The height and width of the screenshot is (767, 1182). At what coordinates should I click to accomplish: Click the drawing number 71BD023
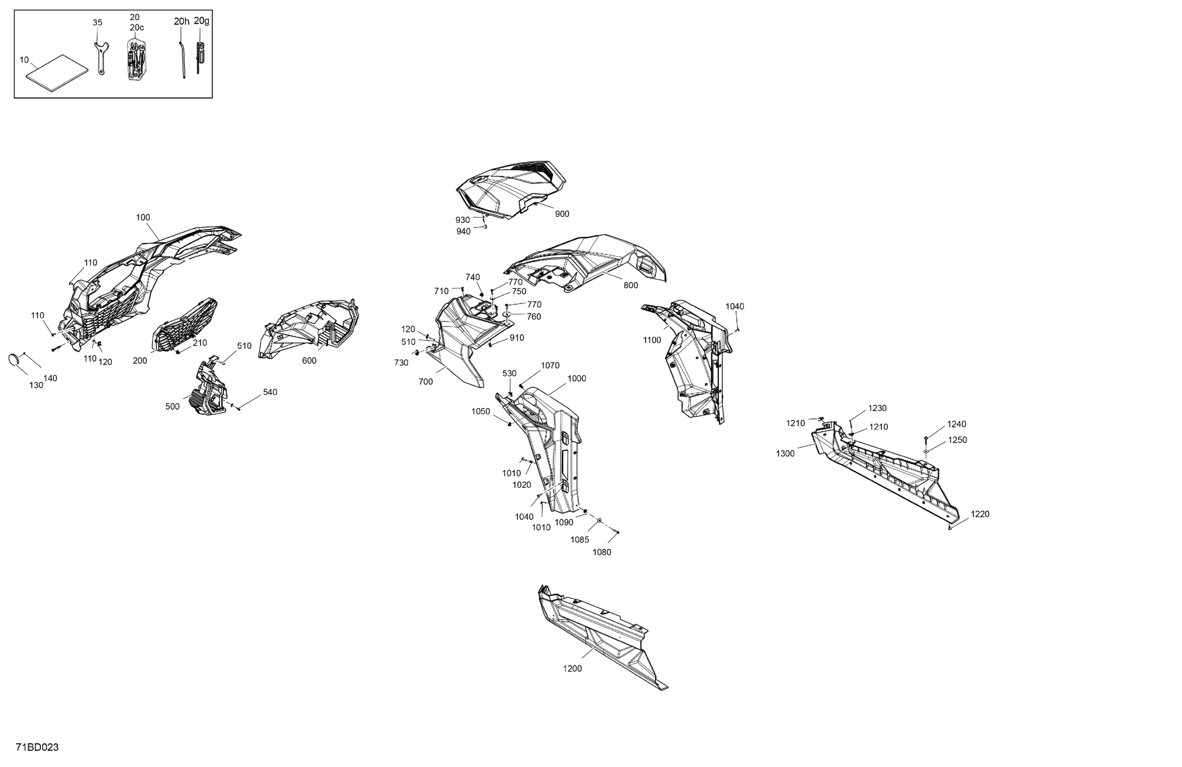point(37,747)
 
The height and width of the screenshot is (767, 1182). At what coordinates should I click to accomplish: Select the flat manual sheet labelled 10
point(57,73)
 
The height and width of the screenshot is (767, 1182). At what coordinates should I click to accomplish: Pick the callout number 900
point(562,214)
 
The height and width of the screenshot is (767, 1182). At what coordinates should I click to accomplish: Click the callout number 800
point(631,285)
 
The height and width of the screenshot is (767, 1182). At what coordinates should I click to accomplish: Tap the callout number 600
point(309,361)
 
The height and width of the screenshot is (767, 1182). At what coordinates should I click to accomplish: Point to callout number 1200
point(572,669)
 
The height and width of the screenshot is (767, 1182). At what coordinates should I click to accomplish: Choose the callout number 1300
point(785,453)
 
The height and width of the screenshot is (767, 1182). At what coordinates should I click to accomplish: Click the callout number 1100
point(652,340)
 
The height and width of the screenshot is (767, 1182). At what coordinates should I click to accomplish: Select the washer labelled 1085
point(600,521)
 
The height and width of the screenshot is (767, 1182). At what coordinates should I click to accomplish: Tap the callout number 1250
point(958,440)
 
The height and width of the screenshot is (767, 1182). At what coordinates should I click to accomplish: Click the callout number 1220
point(980,514)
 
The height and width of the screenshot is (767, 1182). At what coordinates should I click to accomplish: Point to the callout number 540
point(270,392)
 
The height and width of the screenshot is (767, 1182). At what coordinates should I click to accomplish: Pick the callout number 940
point(463,231)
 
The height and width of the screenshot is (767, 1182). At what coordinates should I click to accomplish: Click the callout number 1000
point(577,379)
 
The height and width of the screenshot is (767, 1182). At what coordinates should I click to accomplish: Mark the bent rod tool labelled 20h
point(182,59)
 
